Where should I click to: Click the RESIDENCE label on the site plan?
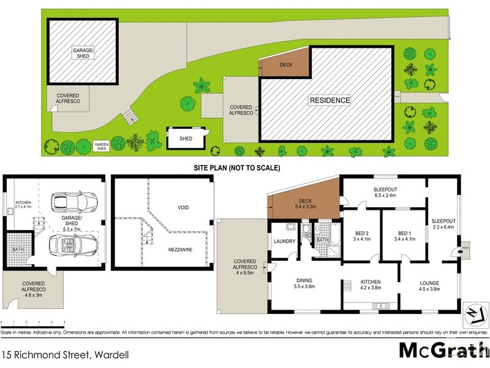329,100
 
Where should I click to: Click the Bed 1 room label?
402,235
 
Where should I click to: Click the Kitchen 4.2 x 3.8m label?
370,286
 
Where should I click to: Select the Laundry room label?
285,242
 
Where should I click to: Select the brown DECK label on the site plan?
285,64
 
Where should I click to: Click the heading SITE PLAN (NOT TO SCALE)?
237,167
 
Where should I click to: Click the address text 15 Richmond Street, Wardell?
58,354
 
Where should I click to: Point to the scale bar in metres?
33,323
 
